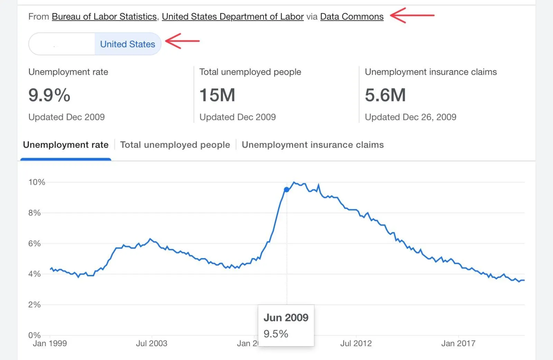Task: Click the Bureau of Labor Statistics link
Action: (x=104, y=17)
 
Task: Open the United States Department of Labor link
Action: (x=233, y=17)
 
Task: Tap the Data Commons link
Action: (x=352, y=17)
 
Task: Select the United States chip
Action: (x=128, y=44)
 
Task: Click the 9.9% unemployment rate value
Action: (x=49, y=95)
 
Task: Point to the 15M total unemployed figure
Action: (x=217, y=95)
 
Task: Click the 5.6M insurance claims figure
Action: (x=385, y=95)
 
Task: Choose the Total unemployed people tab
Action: (x=175, y=145)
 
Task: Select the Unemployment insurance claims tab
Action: (x=313, y=145)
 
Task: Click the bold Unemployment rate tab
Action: (x=66, y=145)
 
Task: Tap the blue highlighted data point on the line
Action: (x=287, y=190)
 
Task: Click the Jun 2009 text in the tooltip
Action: (x=286, y=317)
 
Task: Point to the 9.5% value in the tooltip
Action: (x=276, y=334)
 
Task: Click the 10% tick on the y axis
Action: (x=37, y=182)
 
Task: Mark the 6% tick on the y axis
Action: (x=35, y=243)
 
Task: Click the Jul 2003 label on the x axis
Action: (x=151, y=343)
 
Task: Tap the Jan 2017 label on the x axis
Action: (x=458, y=343)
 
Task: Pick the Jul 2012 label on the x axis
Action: (x=356, y=343)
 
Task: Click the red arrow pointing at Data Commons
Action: (x=412, y=16)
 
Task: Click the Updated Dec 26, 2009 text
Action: (x=411, y=117)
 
